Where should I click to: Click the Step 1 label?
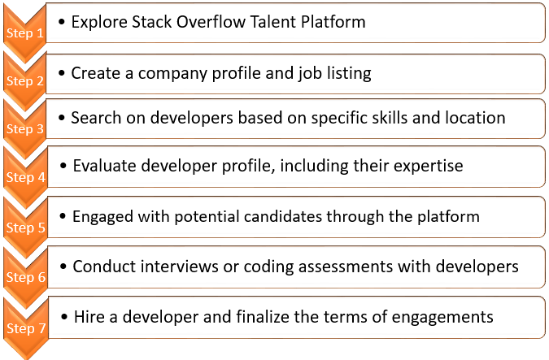click(x=25, y=34)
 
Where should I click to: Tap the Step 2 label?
click(x=25, y=82)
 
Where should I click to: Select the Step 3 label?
click(x=25, y=129)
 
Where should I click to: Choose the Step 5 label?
click(x=25, y=228)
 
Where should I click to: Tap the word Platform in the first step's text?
click(x=333, y=22)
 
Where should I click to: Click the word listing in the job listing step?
click(x=345, y=73)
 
